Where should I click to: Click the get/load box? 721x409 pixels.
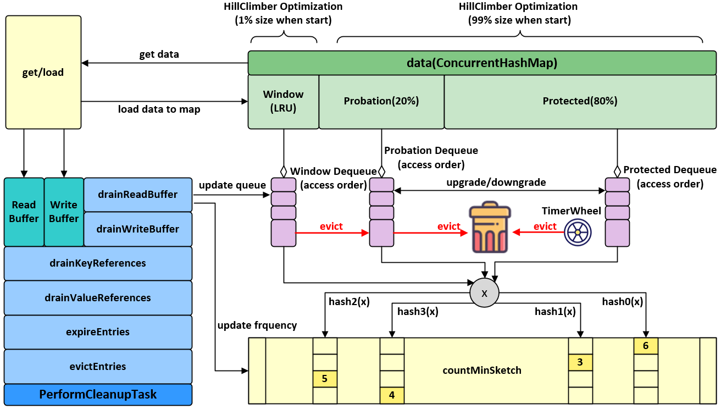(x=43, y=72)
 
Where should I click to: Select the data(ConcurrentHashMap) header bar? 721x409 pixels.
(x=482, y=63)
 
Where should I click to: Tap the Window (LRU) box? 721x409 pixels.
(x=283, y=102)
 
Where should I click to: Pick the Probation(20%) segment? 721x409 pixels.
(x=381, y=102)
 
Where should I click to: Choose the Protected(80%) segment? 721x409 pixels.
(x=580, y=102)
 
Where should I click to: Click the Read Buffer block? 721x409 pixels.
(x=24, y=212)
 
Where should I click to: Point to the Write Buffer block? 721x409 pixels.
(x=64, y=212)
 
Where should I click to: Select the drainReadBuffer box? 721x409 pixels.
(x=138, y=195)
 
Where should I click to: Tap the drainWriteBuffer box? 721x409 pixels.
(x=138, y=229)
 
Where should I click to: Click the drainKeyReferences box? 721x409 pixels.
(x=98, y=263)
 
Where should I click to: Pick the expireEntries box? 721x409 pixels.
(x=98, y=332)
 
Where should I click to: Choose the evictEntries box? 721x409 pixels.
(x=98, y=367)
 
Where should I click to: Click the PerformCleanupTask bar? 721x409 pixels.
(x=98, y=395)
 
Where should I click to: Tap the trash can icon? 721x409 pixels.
(x=490, y=229)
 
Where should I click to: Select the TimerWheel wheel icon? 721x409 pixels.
(x=578, y=233)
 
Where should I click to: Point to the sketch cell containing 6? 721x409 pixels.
(x=646, y=346)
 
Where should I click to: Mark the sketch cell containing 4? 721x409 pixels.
(x=392, y=395)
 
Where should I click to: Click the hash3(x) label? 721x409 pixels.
(x=418, y=312)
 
